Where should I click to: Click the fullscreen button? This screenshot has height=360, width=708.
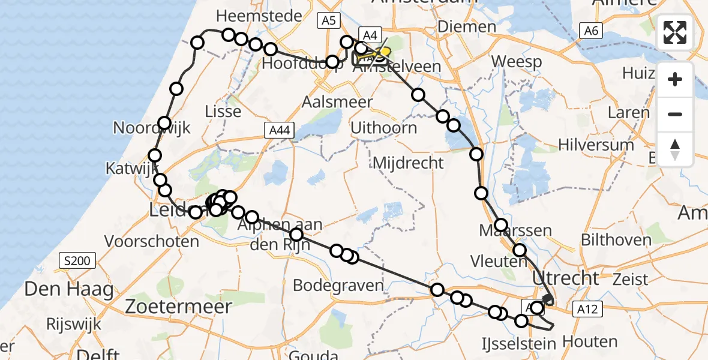pos(675,32)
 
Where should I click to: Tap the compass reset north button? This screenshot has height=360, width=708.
pos(675,149)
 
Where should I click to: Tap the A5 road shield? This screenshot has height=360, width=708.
pos(328,21)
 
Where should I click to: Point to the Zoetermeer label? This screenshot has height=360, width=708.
pos(179,307)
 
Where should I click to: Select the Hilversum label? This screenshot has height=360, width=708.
pos(596,145)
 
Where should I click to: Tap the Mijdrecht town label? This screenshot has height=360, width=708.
pos(409,162)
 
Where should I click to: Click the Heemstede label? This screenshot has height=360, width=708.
pos(259,16)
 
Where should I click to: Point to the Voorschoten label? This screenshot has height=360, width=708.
pos(152,241)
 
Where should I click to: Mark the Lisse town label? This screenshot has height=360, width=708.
pos(223,111)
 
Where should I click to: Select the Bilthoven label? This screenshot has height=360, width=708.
pos(616,240)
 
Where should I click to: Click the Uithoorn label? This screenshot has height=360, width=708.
pos(384,127)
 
